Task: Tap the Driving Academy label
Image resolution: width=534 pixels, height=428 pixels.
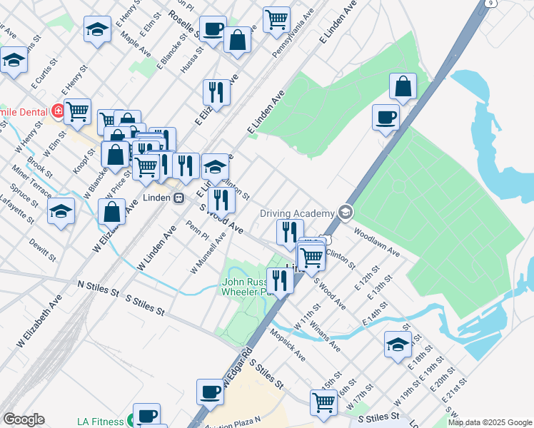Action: click(x=297, y=213)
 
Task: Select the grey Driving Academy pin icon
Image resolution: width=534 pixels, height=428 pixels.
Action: click(x=346, y=212)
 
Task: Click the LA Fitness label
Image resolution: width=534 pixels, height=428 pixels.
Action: click(x=100, y=422)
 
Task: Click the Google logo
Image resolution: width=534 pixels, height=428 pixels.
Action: click(x=24, y=419)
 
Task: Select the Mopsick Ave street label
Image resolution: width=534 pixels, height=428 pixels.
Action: click(x=288, y=345)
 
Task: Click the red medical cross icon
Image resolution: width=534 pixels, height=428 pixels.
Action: click(x=58, y=111)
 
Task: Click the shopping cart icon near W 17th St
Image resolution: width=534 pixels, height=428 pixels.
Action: click(x=324, y=402)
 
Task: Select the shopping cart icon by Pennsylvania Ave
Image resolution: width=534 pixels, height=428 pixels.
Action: click(x=276, y=19)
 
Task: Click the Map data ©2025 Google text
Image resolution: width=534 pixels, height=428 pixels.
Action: click(x=490, y=422)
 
